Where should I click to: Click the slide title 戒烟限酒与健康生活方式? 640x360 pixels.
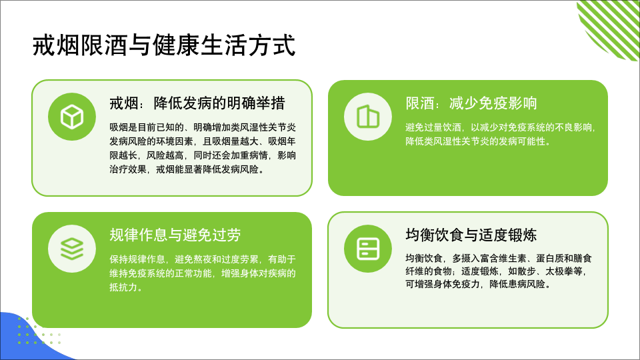[x=164, y=45]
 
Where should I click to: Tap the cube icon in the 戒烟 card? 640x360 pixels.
[x=72, y=117]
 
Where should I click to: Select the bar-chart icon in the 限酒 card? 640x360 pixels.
[x=368, y=117]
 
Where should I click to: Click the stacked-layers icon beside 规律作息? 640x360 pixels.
[x=72, y=249]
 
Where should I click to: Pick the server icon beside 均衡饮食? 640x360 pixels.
[x=368, y=249]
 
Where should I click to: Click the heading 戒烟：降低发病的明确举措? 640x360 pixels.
[x=197, y=103]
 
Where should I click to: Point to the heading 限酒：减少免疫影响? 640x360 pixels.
[x=471, y=103]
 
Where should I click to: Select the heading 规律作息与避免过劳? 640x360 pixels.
[x=175, y=235]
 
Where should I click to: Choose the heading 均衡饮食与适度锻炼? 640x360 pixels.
[x=471, y=235]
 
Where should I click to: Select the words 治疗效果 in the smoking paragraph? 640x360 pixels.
[x=128, y=169]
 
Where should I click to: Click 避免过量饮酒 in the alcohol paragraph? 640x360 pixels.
[x=433, y=128]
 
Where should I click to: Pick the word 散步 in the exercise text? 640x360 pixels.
[x=527, y=271]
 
